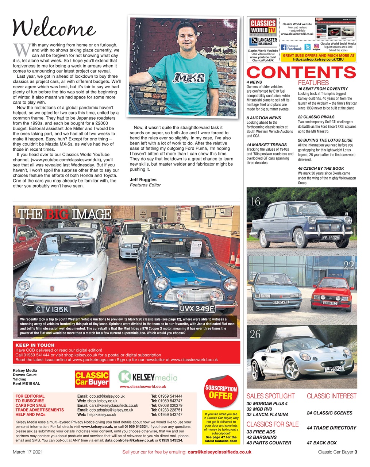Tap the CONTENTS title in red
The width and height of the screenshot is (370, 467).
click(x=301, y=72)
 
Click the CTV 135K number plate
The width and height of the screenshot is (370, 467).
click(x=52, y=309)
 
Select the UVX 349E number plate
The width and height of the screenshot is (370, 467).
click(x=197, y=309)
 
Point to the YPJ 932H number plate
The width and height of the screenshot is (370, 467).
click(x=331, y=238)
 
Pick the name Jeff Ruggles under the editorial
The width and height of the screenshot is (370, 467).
click(x=143, y=180)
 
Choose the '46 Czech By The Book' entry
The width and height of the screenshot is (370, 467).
click(x=321, y=169)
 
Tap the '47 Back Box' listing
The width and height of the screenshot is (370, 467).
click(x=321, y=443)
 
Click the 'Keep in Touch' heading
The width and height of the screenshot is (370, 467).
click(x=35, y=345)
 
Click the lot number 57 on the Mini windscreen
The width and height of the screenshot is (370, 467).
click(x=199, y=246)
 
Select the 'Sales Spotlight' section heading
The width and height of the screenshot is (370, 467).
click(x=270, y=396)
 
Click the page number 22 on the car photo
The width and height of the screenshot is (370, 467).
click(x=348, y=266)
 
